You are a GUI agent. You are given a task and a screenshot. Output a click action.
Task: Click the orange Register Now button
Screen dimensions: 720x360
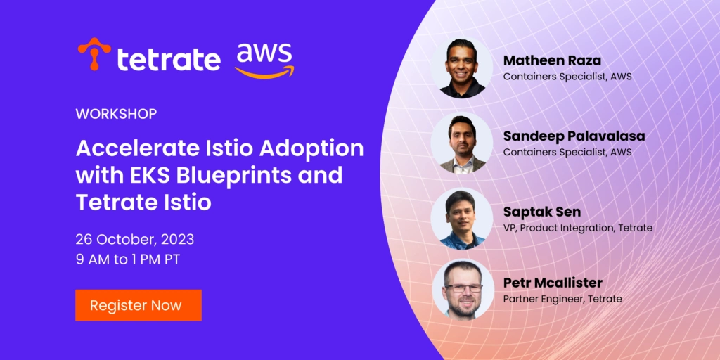coord(139,305)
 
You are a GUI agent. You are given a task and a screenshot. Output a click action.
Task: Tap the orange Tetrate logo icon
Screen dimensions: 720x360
coord(94,53)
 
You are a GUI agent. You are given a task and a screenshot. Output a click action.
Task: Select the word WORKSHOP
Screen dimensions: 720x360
coord(116,114)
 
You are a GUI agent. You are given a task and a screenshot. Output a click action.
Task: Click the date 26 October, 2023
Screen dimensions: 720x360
coord(135,239)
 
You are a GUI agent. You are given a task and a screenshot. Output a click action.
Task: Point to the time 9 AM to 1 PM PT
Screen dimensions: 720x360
coord(128,259)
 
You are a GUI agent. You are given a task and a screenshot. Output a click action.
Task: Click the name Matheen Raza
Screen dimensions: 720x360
coord(553,60)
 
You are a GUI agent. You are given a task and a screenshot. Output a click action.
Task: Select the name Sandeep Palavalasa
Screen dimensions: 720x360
coord(574,136)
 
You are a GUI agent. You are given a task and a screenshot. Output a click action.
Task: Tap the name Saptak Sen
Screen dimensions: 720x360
coord(542,212)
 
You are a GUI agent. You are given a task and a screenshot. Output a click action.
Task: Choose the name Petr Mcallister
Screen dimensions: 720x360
coord(553,283)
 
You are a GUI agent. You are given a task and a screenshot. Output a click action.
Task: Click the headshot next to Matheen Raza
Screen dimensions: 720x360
coord(462,68)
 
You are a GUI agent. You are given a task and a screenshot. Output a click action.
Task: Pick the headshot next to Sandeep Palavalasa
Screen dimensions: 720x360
coord(462,143)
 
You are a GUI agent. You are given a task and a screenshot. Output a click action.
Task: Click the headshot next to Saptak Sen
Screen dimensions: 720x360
coord(462,219)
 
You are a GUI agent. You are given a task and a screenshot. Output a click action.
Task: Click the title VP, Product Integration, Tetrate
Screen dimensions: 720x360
coord(578,229)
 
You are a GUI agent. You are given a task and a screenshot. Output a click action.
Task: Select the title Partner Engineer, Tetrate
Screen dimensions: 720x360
coord(562,300)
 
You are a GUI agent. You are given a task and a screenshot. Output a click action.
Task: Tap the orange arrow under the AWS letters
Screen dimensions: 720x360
coord(264,72)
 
